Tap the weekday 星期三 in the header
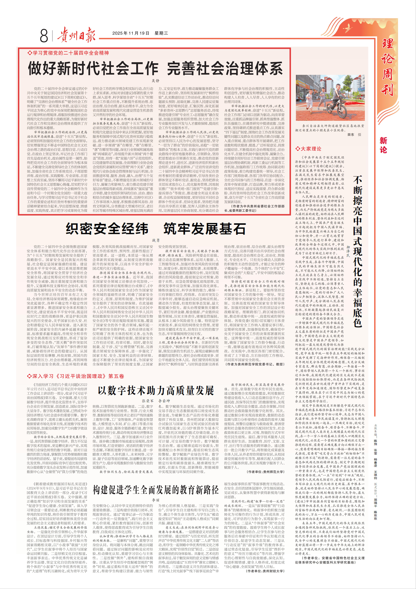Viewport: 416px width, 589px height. [x=161, y=33]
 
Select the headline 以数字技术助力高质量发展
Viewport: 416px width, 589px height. [x=156, y=390]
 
